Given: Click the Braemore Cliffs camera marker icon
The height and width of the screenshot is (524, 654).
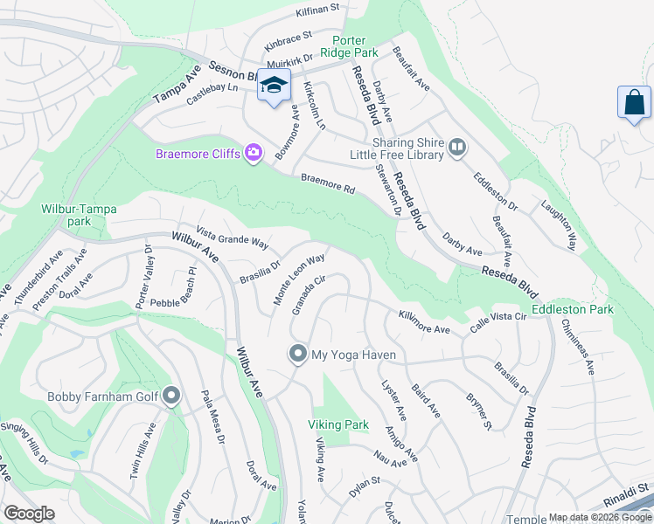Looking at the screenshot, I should pyautogui.click(x=254, y=154).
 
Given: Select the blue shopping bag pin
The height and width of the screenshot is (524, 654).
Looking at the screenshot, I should pyautogui.click(x=633, y=103).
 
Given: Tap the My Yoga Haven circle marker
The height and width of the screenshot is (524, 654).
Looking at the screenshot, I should pyautogui.click(x=297, y=355).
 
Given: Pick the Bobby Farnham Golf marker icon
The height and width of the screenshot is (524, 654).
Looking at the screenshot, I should pyautogui.click(x=170, y=397).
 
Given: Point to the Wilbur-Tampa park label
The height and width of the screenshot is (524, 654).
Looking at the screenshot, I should pyautogui.click(x=79, y=215).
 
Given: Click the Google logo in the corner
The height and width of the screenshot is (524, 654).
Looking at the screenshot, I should pyautogui.click(x=29, y=513).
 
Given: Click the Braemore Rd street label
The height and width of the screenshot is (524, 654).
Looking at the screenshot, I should pyautogui.click(x=328, y=183).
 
